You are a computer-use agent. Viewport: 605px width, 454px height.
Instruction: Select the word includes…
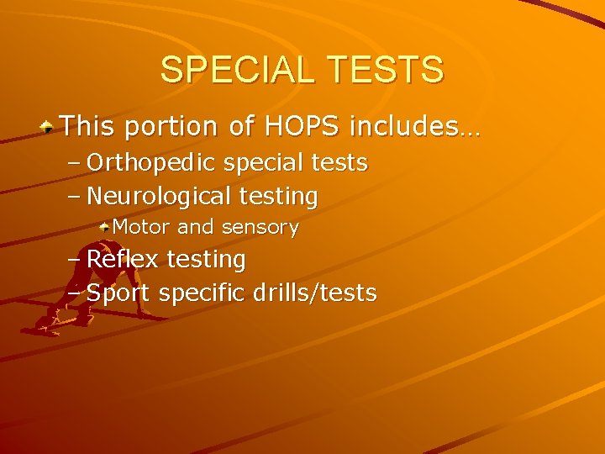[x=414, y=127]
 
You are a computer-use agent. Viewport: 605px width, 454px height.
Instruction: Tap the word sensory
[x=260, y=228]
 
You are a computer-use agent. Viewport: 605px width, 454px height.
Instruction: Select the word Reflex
[x=123, y=260]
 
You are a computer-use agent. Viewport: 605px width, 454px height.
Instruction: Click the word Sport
[x=118, y=293]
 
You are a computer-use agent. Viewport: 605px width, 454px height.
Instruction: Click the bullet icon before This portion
[x=50, y=128]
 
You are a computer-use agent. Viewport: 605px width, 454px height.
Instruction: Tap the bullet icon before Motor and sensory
[x=104, y=227]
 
